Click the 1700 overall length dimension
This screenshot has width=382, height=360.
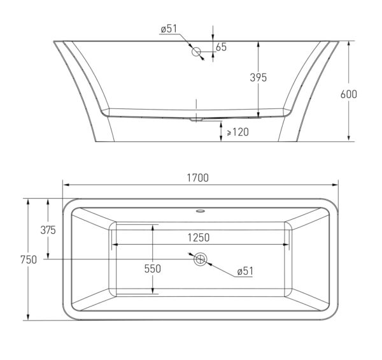197,178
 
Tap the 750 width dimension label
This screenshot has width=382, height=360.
29,259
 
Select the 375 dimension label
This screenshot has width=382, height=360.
48,230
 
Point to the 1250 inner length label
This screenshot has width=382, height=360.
199,238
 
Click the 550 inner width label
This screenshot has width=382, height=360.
153,269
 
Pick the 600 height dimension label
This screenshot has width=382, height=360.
349,94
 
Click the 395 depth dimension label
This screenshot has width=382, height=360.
258,78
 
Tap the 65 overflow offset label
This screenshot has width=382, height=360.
221,47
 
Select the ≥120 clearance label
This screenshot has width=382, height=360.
237,132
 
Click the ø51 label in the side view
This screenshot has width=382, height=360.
169,29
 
